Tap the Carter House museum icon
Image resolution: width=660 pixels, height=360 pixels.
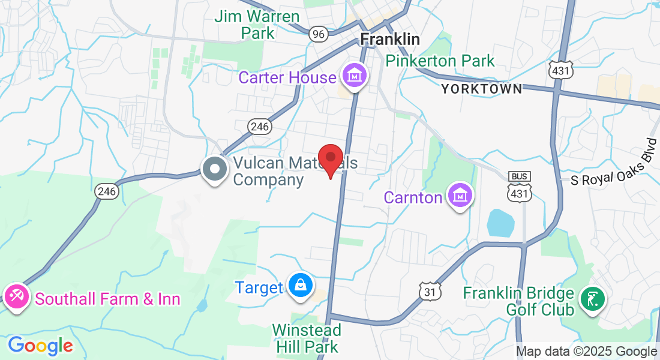[354, 77]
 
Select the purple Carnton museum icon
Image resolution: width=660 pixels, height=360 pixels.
[460, 196]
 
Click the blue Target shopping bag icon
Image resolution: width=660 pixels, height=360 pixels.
[299, 286]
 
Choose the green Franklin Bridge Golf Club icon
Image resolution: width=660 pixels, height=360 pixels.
[592, 301]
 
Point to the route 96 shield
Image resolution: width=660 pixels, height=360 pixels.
[319, 34]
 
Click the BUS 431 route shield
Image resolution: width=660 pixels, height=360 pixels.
[518, 187]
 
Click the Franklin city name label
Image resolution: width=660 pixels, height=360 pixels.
[390, 39]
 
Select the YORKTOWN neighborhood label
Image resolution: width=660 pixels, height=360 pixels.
[481, 89]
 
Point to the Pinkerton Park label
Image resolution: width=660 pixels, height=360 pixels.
[440, 61]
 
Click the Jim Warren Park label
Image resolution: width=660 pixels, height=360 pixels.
[257, 24]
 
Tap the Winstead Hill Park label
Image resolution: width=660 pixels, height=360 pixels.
[307, 338]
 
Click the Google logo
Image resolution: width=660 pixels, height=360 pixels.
[40, 346]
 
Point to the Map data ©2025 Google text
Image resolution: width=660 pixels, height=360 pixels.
[586, 352]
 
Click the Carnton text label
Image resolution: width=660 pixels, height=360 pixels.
[413, 197]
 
